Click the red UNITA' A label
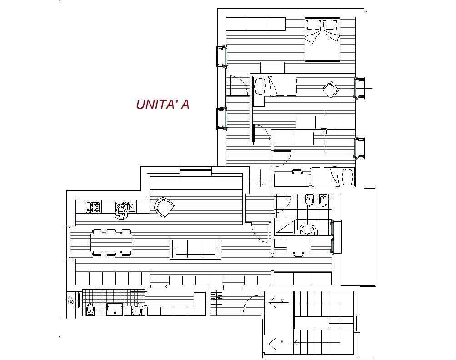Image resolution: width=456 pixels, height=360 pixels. (x=163, y=105)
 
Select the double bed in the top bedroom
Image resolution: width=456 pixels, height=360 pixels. (x=322, y=39)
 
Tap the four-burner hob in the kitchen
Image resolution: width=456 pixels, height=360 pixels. (x=93, y=207)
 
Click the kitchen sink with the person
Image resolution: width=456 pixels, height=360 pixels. (x=126, y=207)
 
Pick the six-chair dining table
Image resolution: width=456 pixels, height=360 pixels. (x=111, y=243)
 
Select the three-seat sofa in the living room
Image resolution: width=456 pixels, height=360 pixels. (x=195, y=249)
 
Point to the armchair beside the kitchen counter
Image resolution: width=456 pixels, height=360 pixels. (x=164, y=207)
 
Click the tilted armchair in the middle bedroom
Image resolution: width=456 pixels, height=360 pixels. (x=331, y=90)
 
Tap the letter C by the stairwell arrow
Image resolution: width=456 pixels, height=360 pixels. (x=282, y=300)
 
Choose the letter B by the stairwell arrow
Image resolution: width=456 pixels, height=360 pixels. (x=282, y=342)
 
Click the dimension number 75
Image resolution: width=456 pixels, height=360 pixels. (x=70, y=297)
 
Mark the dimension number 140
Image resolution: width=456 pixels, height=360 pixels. (x=70, y=302)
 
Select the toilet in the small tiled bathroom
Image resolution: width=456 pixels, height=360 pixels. (x=91, y=310)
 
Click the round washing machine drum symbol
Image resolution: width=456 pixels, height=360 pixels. (x=136, y=311)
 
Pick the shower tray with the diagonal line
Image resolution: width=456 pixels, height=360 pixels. (x=285, y=226)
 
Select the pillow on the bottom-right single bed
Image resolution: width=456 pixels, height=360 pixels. (x=347, y=176)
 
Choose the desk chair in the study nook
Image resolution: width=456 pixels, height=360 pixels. (x=298, y=254)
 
